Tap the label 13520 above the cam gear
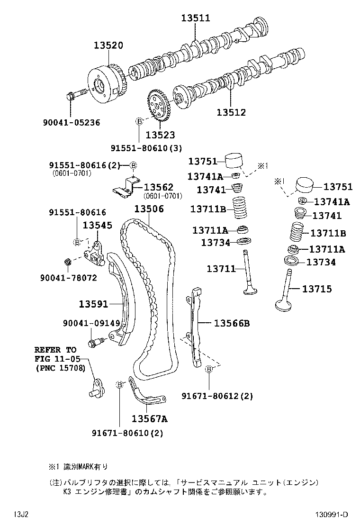108,45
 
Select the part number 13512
232,112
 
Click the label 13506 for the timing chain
149,209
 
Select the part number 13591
93,304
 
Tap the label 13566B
232,323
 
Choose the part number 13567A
149,418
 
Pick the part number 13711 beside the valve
221,269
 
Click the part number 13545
98,225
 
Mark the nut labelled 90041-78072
68,261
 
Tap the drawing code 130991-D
332,515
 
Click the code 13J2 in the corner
20,515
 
